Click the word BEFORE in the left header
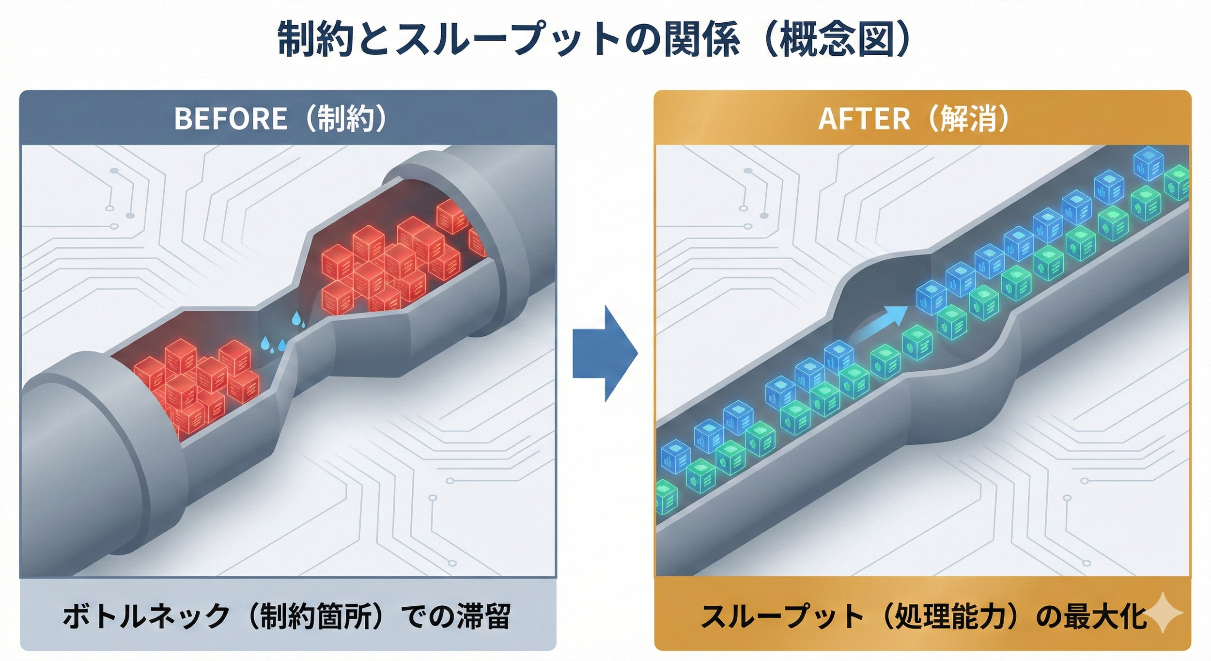[231, 119]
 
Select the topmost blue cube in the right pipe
[1148, 163]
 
